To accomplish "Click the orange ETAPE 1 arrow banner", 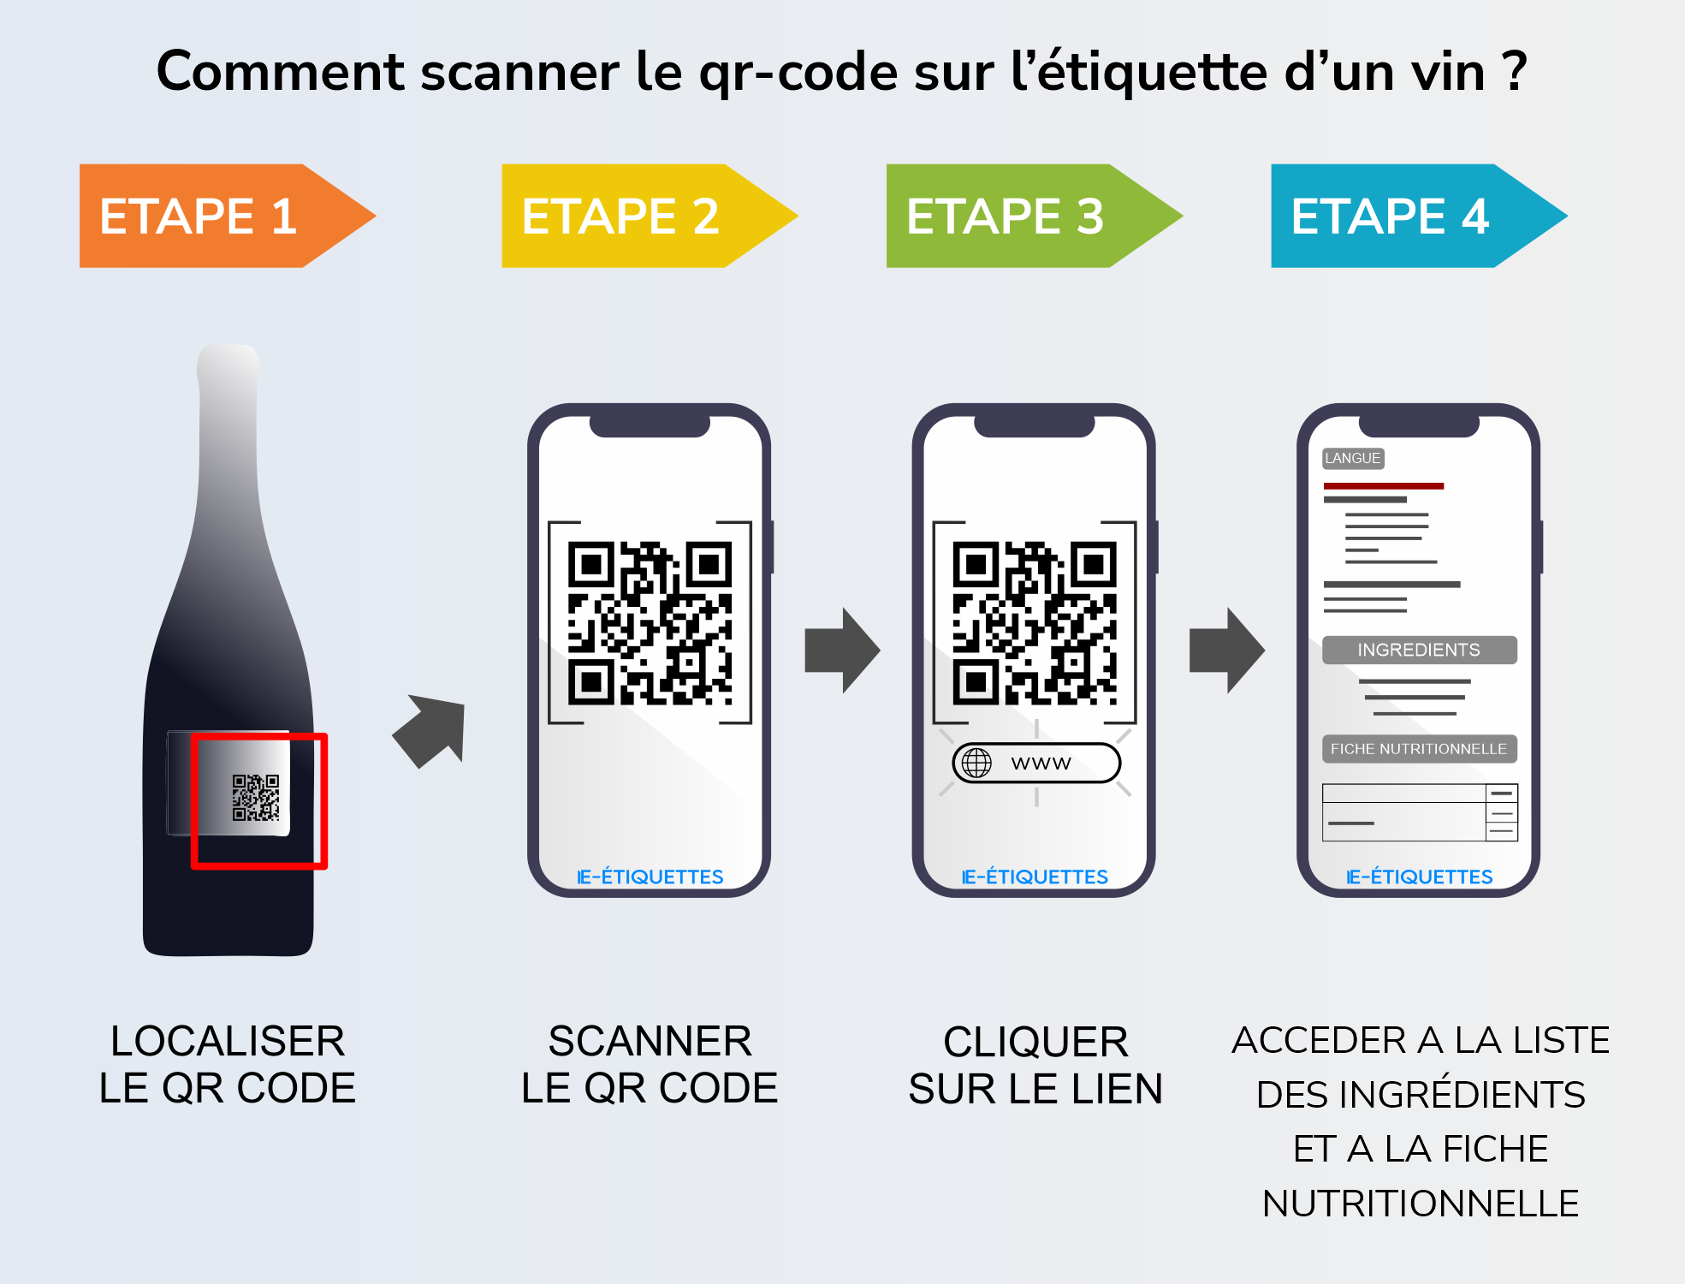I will pyautogui.click(x=205, y=216).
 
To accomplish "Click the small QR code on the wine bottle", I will pyautogui.click(x=256, y=797).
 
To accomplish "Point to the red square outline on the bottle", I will pyautogui.click(x=323, y=800).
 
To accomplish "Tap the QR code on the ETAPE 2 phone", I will pyautogui.click(x=650, y=622).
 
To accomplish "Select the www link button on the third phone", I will pyautogui.click(x=1036, y=763).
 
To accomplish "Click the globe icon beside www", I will pyautogui.click(x=976, y=763).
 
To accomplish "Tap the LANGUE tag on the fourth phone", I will pyautogui.click(x=1352, y=458).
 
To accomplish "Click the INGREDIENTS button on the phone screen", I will pyautogui.click(x=1419, y=650).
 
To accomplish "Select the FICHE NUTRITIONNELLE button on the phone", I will pyautogui.click(x=1419, y=749).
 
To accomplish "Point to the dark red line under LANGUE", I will pyautogui.click(x=1383, y=486).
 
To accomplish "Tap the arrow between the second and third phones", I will pyautogui.click(x=841, y=651).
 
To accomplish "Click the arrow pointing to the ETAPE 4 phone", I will pyautogui.click(x=1226, y=651).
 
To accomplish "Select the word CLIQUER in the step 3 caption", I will pyautogui.click(x=1035, y=1042).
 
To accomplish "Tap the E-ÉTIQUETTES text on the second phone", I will pyautogui.click(x=650, y=877).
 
